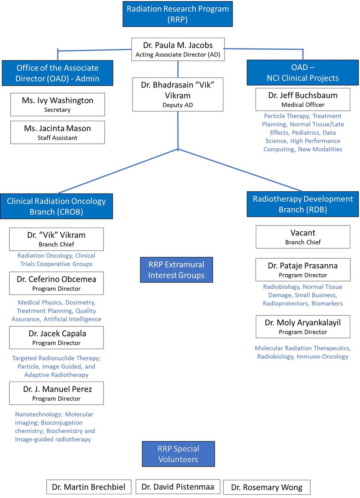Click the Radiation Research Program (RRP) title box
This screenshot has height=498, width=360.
click(178, 14)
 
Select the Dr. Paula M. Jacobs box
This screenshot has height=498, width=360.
click(178, 49)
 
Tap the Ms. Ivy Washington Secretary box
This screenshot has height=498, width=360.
click(58, 105)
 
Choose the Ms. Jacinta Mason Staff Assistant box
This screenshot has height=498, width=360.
click(58, 132)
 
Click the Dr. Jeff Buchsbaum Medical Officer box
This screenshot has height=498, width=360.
click(303, 99)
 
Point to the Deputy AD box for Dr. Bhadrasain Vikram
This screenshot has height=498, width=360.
click(178, 95)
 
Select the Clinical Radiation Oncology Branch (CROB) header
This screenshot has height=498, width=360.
click(56, 206)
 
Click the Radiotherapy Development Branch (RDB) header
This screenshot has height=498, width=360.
click(303, 204)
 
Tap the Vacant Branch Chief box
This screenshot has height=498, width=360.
click(303, 237)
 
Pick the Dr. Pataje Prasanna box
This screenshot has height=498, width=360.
click(303, 270)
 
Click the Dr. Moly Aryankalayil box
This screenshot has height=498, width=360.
click(303, 327)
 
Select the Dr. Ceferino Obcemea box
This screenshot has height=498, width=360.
click(56, 283)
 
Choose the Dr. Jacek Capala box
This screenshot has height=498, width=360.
click(56, 337)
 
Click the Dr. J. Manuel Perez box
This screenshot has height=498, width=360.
click(56, 393)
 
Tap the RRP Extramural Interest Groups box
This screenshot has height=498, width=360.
click(176, 270)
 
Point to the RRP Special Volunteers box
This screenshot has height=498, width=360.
click(178, 454)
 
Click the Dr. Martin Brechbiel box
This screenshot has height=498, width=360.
click(89, 487)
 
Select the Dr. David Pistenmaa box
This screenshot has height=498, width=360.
click(178, 487)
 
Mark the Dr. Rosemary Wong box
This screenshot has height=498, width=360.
click(267, 487)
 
